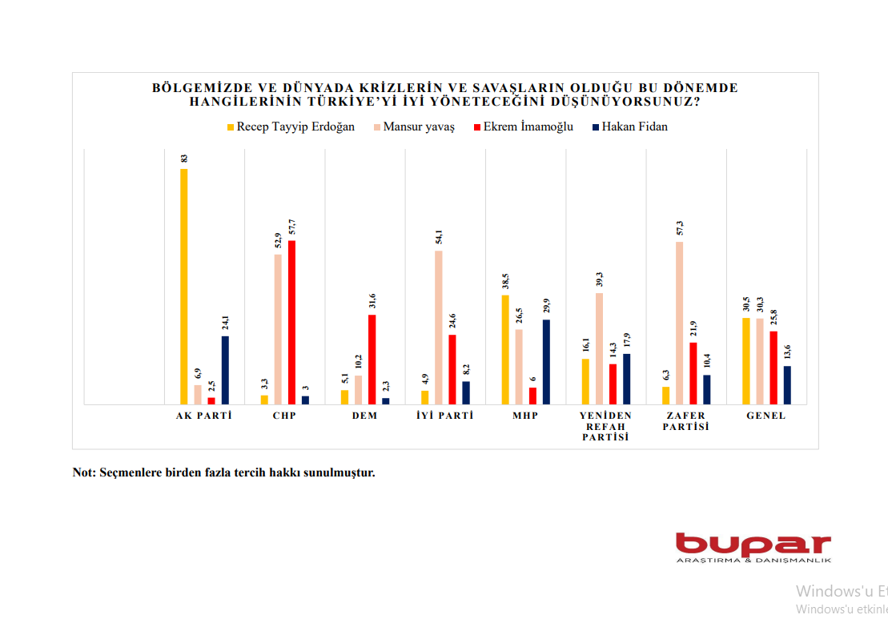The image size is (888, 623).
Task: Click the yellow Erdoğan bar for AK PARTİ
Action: click(x=184, y=286)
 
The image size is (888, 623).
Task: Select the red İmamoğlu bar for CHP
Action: click(x=291, y=322)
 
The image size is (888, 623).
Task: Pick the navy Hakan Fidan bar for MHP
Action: click(x=547, y=362)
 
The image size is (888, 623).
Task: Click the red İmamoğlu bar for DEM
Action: click(x=372, y=360)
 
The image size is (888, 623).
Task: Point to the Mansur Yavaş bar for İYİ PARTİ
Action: click(x=439, y=328)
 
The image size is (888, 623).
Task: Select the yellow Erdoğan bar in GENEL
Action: click(x=746, y=361)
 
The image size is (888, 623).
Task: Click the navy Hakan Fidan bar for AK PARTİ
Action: click(x=225, y=370)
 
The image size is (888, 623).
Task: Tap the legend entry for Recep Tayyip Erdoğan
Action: click(x=291, y=127)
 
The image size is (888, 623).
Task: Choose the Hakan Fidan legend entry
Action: click(x=629, y=127)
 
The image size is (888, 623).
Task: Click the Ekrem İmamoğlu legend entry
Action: click(x=524, y=127)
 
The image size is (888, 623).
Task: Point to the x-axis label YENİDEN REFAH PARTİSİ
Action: click(x=606, y=426)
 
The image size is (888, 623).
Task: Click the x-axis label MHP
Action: click(x=525, y=416)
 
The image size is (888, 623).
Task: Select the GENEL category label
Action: click(x=766, y=416)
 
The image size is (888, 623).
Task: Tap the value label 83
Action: click(x=184, y=159)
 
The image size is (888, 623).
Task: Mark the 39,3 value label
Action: click(x=600, y=279)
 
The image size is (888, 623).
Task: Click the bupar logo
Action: click(x=753, y=546)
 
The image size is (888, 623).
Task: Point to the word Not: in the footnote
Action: click(x=83, y=472)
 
